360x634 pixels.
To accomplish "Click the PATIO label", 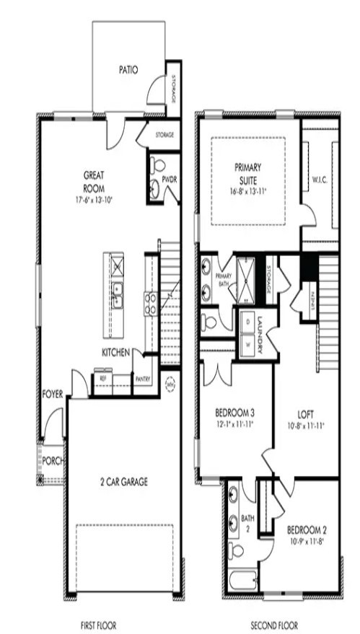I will (x=128, y=71).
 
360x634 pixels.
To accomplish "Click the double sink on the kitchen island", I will (x=117, y=296).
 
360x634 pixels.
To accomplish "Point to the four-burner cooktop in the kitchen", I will (x=152, y=303).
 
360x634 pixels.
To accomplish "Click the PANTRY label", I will (x=144, y=377).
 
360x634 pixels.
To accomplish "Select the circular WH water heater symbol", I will (x=171, y=384).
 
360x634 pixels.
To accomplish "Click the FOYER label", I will (x=53, y=394).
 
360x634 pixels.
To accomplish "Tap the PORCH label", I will (x=52, y=459).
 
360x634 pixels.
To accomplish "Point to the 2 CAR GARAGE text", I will (x=124, y=482).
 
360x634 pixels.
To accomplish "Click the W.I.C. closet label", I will (x=320, y=179).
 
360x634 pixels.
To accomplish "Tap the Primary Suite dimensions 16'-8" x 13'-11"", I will (x=247, y=191).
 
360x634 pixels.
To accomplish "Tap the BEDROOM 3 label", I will (x=234, y=413).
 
